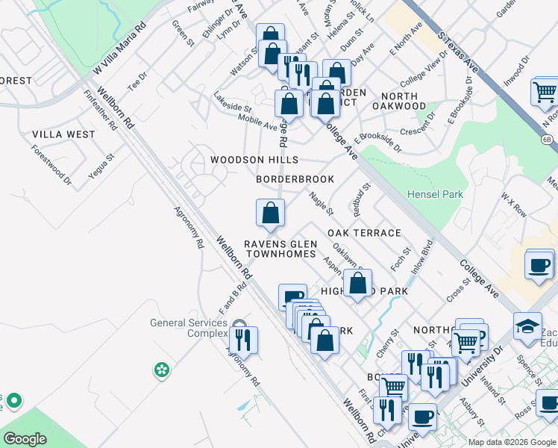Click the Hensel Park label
(435, 194)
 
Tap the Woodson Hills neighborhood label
(254, 160)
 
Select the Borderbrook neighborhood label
(295, 179)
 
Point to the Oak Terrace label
(364, 233)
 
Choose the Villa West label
(63, 134)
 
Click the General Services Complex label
(188, 328)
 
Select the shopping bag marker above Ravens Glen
(270, 213)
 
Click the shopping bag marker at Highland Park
(358, 284)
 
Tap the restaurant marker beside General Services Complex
(243, 340)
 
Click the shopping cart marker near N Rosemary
(545, 93)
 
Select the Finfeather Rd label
(101, 111)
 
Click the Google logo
(25, 439)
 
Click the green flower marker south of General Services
(161, 369)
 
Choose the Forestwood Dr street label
(51, 164)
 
